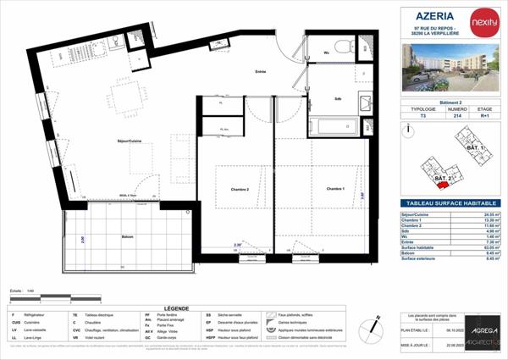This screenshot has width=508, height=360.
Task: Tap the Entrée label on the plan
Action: (261, 72)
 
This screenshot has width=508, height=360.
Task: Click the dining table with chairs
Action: (130, 98)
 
